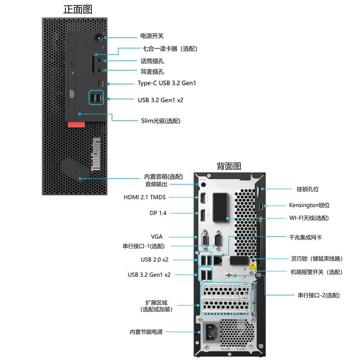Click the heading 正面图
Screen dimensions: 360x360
(78, 9)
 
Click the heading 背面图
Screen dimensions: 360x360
(229, 166)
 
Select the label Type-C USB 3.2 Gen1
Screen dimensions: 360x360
(166, 83)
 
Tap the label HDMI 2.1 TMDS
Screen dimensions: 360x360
(144, 197)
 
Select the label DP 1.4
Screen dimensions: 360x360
(158, 213)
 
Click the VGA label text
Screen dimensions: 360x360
(157, 236)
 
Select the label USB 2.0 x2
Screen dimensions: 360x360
(154, 260)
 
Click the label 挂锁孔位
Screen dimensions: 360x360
(308, 189)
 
